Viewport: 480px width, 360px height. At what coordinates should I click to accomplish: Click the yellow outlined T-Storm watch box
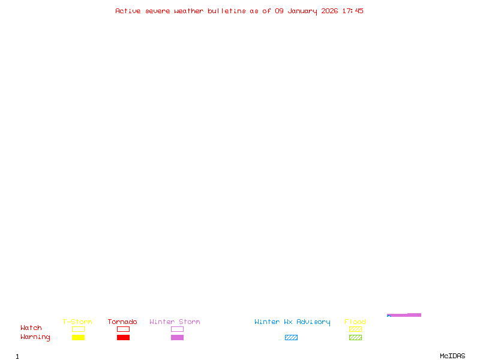coord(79,329)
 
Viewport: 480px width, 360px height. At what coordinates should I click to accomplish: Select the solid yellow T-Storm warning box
coord(79,337)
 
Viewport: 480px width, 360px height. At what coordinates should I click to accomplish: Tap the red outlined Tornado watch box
coord(124,329)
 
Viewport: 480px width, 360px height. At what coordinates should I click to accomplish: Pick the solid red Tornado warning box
coord(124,337)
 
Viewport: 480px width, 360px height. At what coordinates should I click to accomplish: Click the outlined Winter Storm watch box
coord(177,329)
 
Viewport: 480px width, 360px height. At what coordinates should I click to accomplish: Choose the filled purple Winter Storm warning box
coord(177,337)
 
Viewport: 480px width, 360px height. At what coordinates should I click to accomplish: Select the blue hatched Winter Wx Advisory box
coord(291,337)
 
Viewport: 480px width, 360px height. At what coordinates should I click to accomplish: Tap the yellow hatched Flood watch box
coord(355,329)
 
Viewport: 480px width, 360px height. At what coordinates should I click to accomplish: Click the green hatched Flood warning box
coord(355,337)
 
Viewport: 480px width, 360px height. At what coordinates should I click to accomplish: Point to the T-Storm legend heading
coord(77,322)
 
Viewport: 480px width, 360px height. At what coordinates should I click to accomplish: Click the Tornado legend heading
coord(122,322)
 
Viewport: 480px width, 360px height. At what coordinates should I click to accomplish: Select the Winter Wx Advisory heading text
coord(292,322)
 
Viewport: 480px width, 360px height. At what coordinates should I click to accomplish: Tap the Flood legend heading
coord(355,322)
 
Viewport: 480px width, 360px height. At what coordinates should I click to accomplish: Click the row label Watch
coord(31,328)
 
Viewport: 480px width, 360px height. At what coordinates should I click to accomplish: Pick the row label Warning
coord(35,337)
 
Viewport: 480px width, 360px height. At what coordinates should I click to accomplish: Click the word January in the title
coord(302,11)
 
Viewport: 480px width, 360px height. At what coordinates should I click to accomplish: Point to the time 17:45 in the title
coord(353,11)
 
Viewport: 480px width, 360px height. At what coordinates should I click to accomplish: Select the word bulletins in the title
coord(227,11)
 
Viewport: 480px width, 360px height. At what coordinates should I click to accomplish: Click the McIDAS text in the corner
coord(452,356)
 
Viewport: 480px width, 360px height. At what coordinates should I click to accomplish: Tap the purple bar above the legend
coord(404,315)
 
